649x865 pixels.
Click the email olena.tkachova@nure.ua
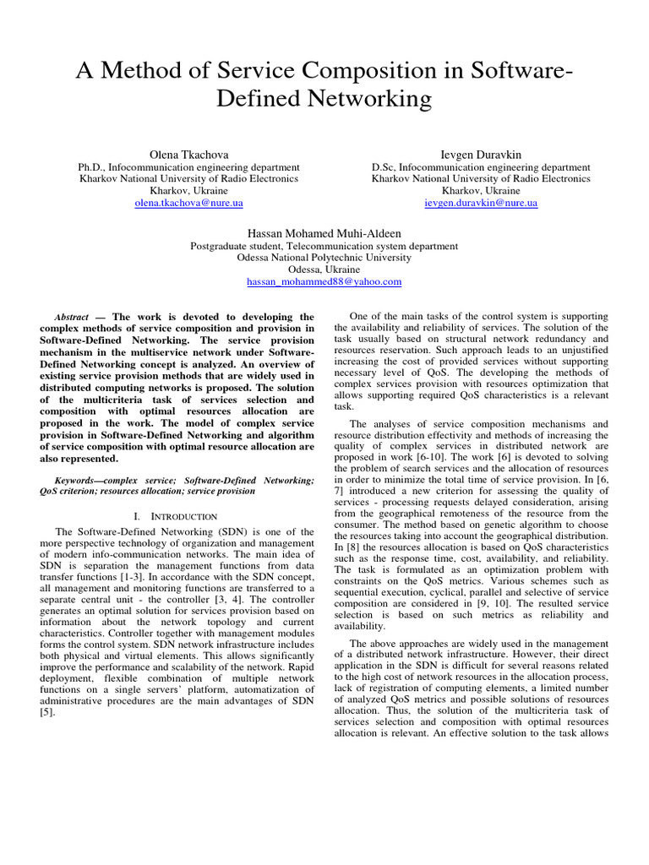point(188,204)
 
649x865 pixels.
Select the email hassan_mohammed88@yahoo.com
point(324,281)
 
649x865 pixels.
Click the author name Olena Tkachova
point(188,154)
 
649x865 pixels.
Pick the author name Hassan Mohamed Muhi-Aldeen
point(324,232)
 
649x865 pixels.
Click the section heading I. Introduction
point(176,515)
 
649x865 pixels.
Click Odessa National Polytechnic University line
point(324,258)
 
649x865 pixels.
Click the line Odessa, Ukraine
point(324,269)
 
